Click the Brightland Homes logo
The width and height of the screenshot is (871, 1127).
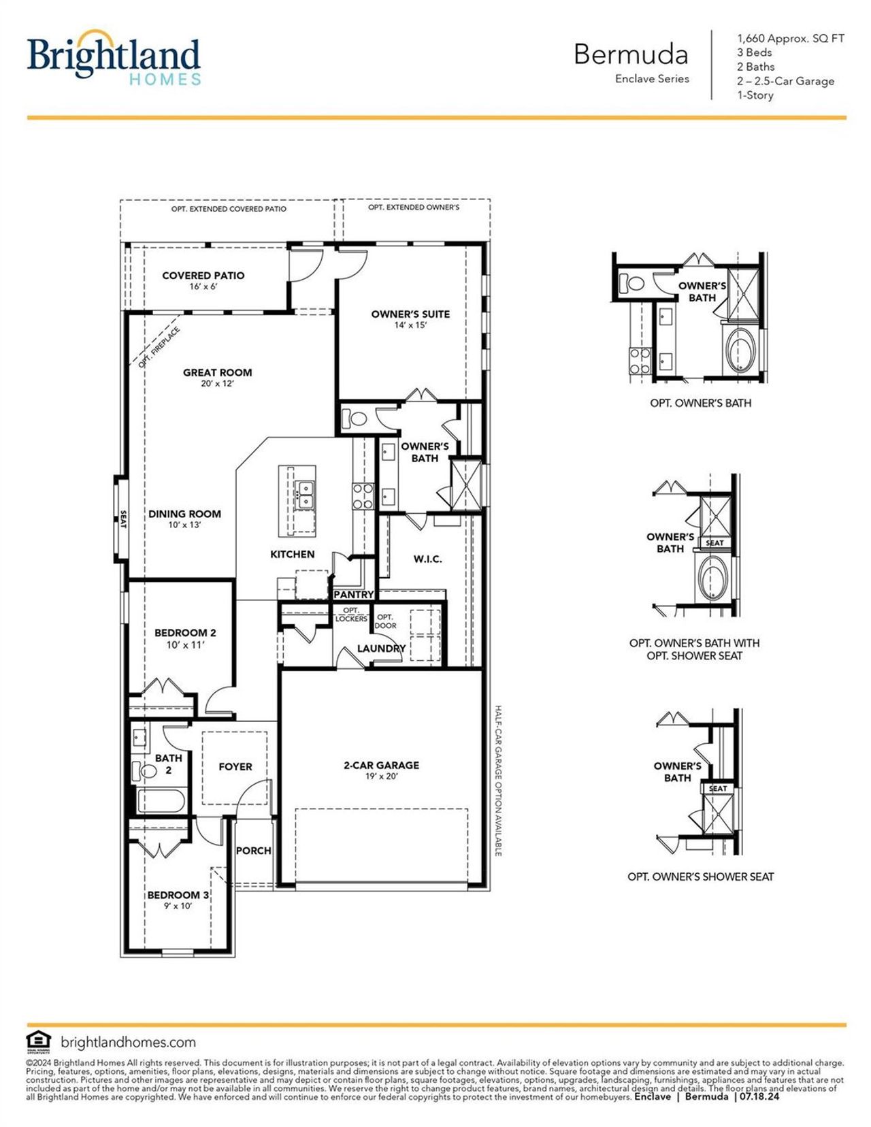tap(114, 59)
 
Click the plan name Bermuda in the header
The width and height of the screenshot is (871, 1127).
tap(630, 54)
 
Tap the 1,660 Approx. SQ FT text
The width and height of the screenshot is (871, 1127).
tap(790, 39)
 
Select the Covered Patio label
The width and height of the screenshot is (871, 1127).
tap(203, 280)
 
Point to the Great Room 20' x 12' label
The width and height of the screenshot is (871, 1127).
tap(217, 377)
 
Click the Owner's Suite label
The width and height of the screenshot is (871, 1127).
tap(410, 318)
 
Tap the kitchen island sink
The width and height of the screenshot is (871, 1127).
tap(304, 494)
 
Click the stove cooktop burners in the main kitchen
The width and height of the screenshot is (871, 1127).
tap(363, 496)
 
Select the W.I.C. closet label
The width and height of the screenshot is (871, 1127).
tap(427, 559)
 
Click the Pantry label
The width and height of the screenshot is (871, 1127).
tap(353, 594)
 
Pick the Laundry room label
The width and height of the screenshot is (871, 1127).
tap(381, 649)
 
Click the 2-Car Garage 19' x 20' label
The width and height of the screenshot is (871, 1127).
tap(381, 770)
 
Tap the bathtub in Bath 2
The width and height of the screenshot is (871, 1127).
tap(161, 800)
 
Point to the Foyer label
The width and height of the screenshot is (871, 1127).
tap(235, 766)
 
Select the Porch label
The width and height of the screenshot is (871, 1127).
tap(253, 851)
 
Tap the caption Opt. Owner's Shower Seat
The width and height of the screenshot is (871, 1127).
tap(700, 877)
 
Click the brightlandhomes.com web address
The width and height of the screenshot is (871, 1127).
tap(128, 1042)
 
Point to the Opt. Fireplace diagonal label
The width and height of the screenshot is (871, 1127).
tap(159, 347)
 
